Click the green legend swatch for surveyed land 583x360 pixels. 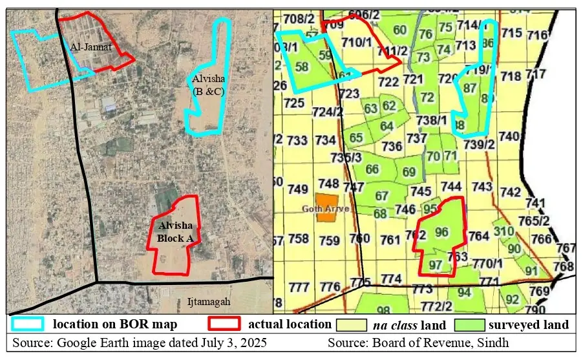(470, 324)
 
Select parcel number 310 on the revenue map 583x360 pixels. (503, 231)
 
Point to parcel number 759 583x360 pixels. (329, 240)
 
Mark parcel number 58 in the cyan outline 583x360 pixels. (301, 67)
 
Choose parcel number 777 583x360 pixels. (299, 287)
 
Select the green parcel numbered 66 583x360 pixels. (372, 169)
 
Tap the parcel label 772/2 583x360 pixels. (437, 306)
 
